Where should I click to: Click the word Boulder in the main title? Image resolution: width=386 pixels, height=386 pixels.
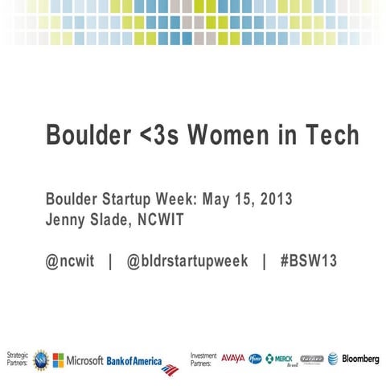pos(82,135)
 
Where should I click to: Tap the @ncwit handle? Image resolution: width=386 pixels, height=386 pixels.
pos(71,261)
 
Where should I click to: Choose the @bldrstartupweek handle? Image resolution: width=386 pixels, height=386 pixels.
pos(187,261)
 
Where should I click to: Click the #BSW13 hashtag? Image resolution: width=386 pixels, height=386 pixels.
pos(308,261)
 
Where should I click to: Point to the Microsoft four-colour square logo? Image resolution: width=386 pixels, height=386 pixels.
pos(59,359)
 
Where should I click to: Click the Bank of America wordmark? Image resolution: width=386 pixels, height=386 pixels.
pos(134,359)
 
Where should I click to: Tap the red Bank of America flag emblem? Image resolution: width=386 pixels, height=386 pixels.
pos(170,369)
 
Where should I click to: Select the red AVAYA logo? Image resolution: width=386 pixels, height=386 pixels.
pos(232,358)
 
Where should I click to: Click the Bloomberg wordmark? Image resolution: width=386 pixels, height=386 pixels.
pos(360,359)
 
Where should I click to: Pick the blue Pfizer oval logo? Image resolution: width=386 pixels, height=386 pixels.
pos(256,359)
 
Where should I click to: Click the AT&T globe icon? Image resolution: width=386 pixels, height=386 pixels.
pos(332,359)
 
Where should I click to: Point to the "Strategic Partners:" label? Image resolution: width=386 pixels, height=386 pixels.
pos(17,359)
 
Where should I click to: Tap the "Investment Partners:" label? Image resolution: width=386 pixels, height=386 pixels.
pos(203,359)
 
